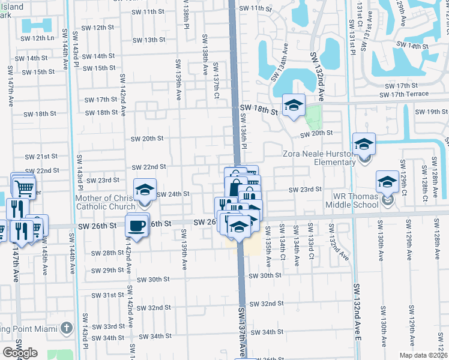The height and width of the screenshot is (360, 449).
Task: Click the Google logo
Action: [20, 353]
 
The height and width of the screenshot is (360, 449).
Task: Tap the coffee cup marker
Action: [137, 225]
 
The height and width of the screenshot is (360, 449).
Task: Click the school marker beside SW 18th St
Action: [294, 105]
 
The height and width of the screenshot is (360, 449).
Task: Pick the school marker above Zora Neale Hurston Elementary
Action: [364, 144]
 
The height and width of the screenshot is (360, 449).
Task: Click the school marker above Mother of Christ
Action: [145, 190]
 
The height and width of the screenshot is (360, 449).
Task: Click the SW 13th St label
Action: [148, 40]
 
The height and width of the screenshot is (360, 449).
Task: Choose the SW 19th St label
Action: [427, 112]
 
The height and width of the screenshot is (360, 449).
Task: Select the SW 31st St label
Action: [107, 296]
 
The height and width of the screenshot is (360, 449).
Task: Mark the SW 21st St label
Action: [42, 157]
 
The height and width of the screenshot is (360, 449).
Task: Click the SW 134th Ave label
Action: [280, 64]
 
